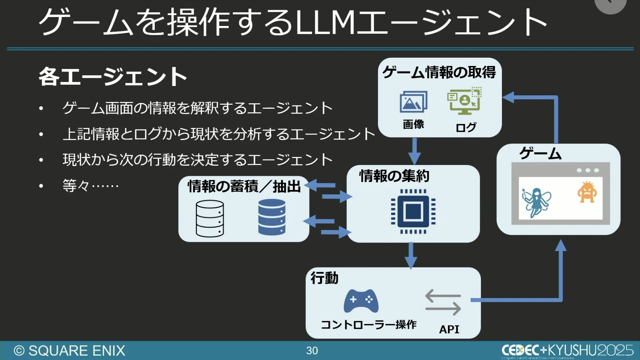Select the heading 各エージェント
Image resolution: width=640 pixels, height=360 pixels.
[113, 76]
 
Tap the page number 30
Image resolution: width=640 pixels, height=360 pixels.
[312, 351]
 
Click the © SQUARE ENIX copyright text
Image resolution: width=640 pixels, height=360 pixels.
[70, 351]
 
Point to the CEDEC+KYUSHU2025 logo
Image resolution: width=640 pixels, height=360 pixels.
[567, 350]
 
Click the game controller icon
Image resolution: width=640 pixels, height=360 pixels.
[361, 301]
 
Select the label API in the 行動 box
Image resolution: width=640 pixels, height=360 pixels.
[449, 329]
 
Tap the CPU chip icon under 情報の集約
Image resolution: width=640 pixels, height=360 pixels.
[413, 211]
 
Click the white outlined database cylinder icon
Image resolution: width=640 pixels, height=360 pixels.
[210, 218]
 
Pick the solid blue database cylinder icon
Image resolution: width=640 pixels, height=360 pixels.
[272, 217]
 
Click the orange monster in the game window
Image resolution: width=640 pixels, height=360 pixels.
[587, 192]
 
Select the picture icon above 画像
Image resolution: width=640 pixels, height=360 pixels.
[413, 102]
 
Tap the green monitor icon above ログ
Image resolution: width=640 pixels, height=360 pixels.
[464, 100]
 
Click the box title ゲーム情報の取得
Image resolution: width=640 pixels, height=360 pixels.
[439, 72]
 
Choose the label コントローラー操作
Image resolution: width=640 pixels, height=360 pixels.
[369, 324]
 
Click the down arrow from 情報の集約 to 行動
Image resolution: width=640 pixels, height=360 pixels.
[411, 255]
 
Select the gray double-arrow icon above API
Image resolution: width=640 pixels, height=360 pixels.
[443, 302]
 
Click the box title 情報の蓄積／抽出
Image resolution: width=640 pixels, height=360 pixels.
[244, 186]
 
